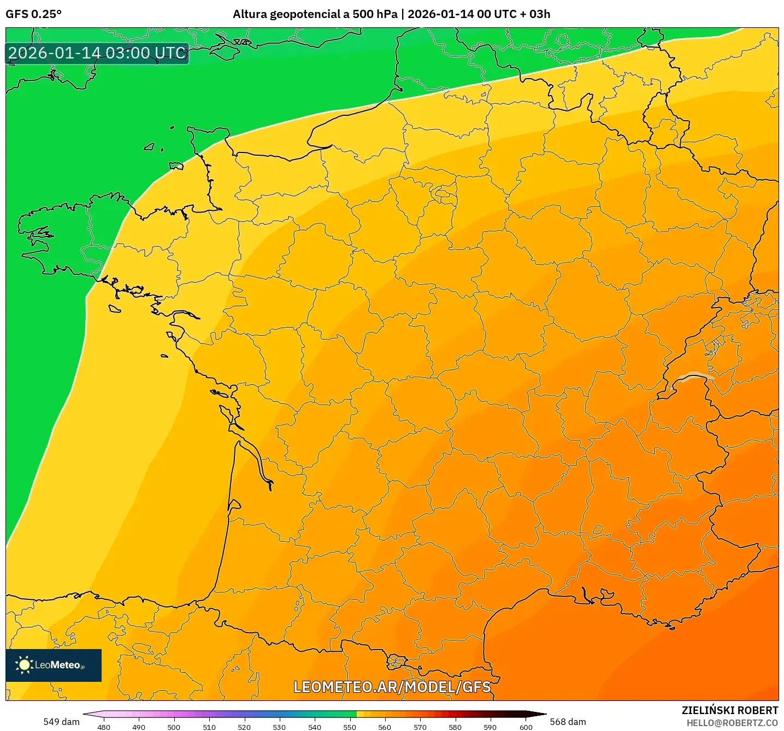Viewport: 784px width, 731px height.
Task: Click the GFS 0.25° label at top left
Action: point(33,14)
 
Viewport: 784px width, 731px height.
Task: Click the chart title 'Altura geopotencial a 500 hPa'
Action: point(315,14)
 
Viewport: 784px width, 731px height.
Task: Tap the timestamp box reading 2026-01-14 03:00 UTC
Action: point(97,53)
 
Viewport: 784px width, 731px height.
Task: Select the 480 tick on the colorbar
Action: point(104,727)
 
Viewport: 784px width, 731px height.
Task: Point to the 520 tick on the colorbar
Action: point(244,727)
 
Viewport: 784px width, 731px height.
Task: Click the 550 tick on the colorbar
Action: point(350,727)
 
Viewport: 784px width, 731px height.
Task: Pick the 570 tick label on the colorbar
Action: point(420,727)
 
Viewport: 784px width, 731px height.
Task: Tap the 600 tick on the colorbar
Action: point(526,727)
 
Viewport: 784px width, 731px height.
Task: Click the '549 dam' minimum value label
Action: point(61,722)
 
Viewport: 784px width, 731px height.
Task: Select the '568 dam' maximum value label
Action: point(568,722)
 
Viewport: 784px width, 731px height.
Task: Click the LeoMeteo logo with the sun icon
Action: point(53,665)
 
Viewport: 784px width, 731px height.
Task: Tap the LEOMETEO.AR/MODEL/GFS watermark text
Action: point(392,687)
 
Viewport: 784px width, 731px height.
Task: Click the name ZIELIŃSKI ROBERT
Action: point(729,710)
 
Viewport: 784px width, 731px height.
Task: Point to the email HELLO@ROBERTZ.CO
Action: point(732,723)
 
